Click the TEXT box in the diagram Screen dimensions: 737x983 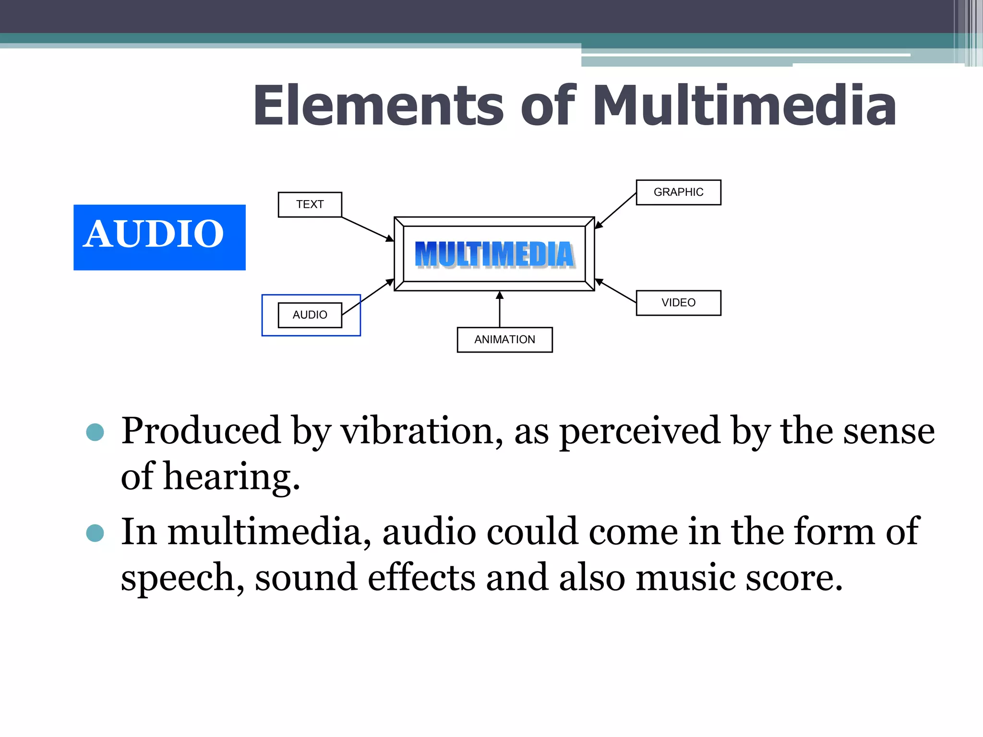coord(310,204)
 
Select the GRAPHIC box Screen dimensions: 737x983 coord(678,192)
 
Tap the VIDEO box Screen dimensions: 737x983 coord(678,303)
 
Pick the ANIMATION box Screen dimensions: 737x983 coord(504,340)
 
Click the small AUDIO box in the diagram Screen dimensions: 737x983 coord(310,315)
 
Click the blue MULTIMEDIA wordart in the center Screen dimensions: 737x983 coord(494,254)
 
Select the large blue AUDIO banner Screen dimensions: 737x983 coord(159,237)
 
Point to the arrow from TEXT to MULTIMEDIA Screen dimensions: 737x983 coord(367,229)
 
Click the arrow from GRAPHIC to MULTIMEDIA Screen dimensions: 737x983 coord(616,210)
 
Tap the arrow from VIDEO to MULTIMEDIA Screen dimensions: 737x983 coord(616,291)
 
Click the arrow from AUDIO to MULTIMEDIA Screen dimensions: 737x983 coord(368,297)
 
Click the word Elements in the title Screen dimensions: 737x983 coord(378,106)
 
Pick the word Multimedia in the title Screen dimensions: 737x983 coord(744,106)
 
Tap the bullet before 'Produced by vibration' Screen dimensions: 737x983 coord(95,432)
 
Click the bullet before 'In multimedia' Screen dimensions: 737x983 coord(95,533)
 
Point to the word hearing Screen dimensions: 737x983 coord(231,477)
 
